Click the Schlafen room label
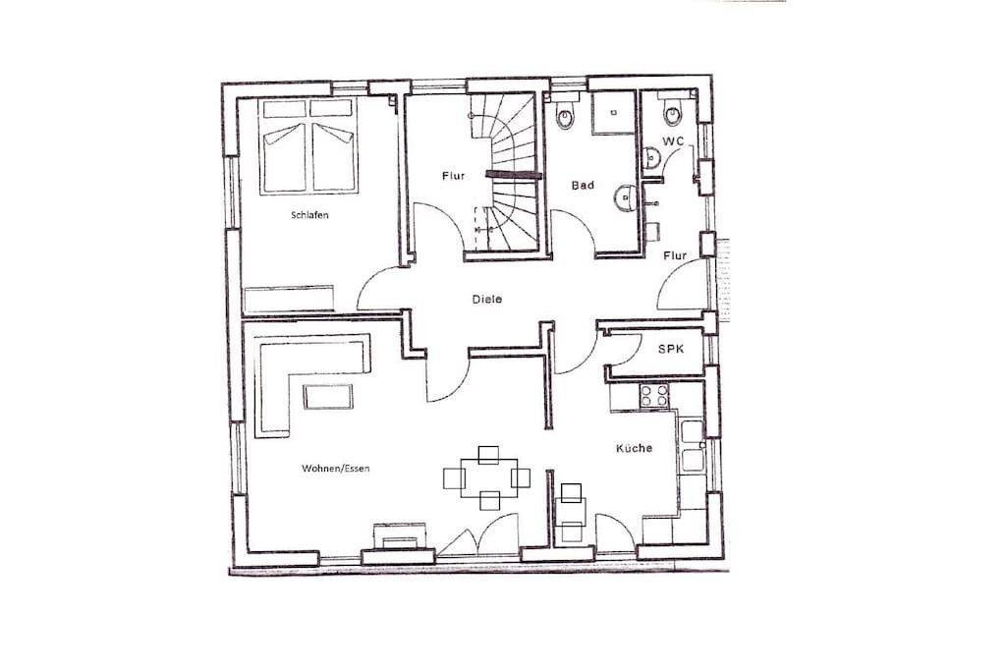coord(309,215)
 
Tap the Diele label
coord(487,299)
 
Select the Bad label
coord(583,186)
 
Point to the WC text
coord(674,141)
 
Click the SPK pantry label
coord(671,349)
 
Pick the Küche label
coord(634,448)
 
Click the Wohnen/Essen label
coord(336,469)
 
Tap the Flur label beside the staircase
coord(453,176)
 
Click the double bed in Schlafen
coord(307,145)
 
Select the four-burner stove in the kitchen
coord(654,395)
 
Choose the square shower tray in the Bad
coord(613,113)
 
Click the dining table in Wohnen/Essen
coord(489,477)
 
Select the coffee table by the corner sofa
coord(328,397)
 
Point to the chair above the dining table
coord(488,455)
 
